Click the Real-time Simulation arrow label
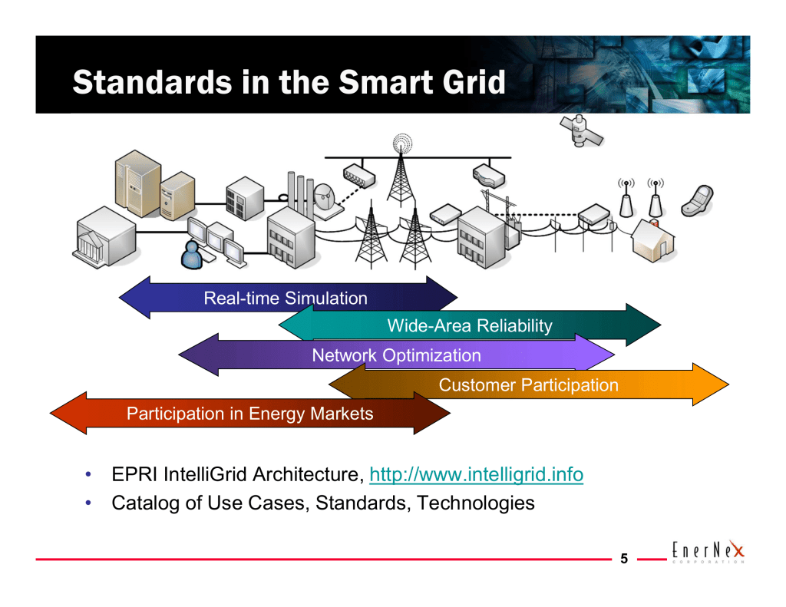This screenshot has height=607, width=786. tap(286, 299)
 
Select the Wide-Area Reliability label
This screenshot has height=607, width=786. tap(469, 326)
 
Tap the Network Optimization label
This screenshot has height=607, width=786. tap(396, 355)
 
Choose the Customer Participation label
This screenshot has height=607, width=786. tap(528, 385)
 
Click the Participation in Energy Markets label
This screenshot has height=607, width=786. tap(249, 414)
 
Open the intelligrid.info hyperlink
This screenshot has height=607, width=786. tap(476, 476)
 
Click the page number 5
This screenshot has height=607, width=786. tap(624, 559)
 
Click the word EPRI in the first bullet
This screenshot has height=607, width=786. tap(132, 476)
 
